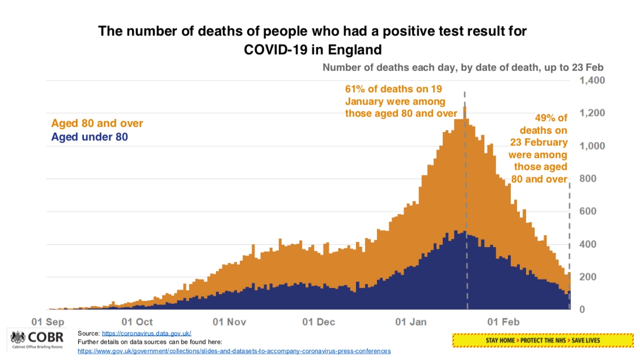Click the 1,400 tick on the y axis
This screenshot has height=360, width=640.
click(592, 80)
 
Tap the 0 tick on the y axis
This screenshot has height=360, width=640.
click(582, 309)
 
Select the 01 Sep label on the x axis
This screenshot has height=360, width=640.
click(48, 322)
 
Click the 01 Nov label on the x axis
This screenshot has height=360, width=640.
click(229, 322)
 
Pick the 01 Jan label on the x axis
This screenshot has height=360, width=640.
click(411, 322)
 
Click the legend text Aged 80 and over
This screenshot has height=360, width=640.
click(97, 123)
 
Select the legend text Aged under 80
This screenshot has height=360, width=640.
click(89, 137)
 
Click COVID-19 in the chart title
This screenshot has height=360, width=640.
click(276, 50)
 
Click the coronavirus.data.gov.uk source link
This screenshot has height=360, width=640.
click(146, 333)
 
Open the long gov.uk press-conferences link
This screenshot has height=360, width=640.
click(234, 351)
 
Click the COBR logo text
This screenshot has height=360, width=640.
click(46, 337)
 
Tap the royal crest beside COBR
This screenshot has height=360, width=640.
click(18, 337)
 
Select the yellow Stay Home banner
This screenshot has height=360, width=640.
click(543, 340)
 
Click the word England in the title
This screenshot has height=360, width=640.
click(355, 50)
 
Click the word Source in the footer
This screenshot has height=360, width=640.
click(88, 333)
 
